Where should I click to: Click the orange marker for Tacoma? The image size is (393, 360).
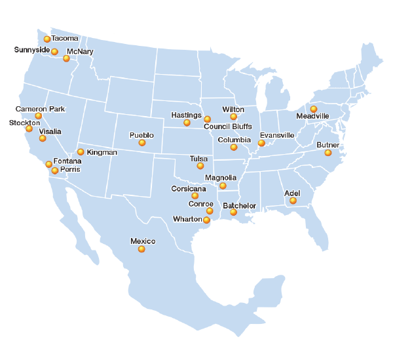47,39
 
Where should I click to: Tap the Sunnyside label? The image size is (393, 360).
31,50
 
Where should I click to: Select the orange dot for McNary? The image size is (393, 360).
66,58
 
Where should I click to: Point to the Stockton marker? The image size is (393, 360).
29,129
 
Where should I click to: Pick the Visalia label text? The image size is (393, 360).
50,131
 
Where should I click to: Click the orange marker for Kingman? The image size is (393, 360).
81,152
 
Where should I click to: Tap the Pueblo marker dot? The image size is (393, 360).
142,143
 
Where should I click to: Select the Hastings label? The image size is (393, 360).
185,115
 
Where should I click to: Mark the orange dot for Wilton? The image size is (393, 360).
234,117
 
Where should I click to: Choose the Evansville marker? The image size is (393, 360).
261,143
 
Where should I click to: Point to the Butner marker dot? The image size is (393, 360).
328,153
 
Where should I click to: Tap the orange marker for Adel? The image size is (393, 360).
293,201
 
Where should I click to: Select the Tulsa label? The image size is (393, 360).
198,159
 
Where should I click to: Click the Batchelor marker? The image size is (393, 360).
233,212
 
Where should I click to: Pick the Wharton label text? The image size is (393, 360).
187,218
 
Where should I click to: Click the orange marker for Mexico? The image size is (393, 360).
142,249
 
